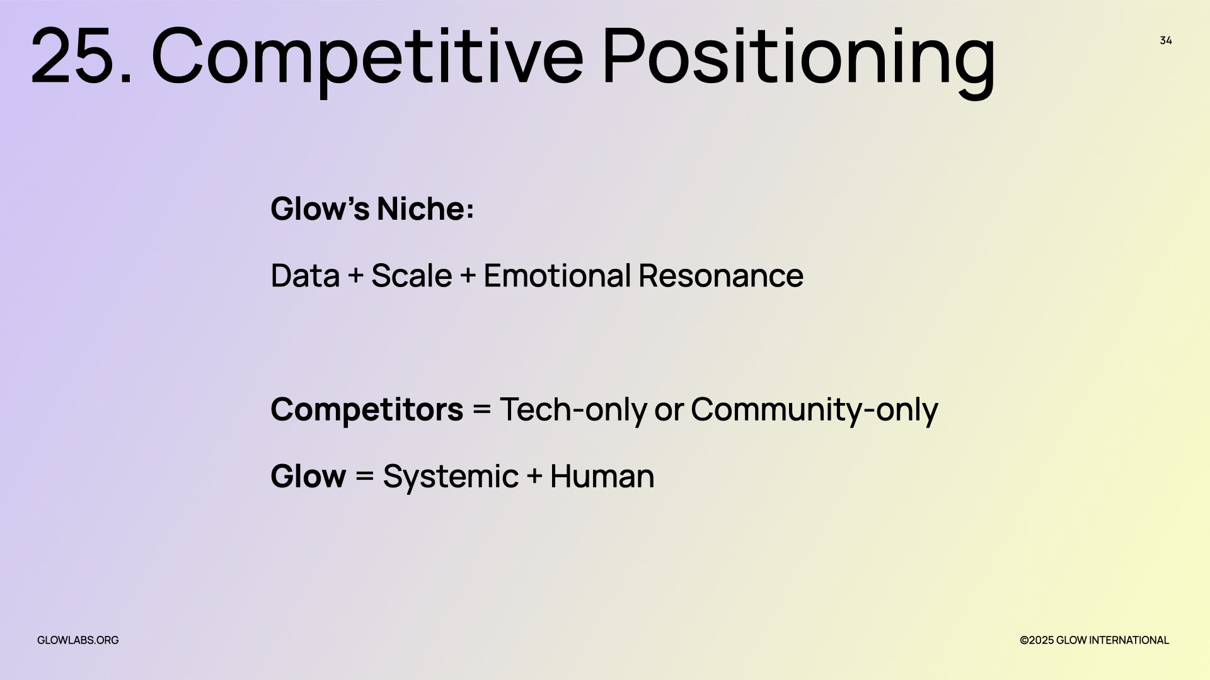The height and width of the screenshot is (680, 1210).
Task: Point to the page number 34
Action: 1166,40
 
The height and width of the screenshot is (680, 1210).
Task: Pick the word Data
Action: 305,276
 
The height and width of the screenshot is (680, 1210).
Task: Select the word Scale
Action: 412,276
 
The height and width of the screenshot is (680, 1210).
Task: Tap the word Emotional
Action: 557,276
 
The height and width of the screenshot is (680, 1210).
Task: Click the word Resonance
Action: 721,276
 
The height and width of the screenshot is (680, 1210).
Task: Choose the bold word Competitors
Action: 367,410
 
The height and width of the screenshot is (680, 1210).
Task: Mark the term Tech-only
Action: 573,410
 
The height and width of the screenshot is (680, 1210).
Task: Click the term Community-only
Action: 814,410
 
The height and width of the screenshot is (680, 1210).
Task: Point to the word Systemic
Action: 451,477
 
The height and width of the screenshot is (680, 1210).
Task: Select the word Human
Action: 602,476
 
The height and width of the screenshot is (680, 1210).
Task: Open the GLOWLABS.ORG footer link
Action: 78,640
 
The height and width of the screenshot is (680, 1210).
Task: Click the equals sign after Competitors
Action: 481,410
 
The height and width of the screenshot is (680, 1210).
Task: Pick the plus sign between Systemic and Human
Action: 534,476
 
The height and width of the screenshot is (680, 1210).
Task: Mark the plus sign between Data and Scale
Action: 355,276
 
